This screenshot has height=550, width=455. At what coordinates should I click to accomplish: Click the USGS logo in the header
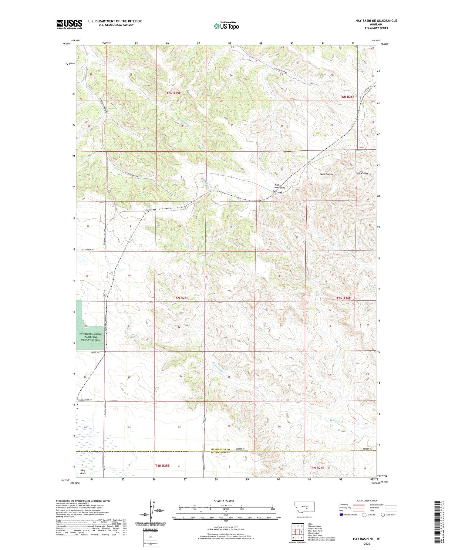pyautogui.click(x=69, y=24)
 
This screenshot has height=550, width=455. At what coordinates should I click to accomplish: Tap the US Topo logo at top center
pyautogui.click(x=226, y=26)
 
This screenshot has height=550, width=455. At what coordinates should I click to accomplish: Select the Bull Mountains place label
pyautogui.click(x=280, y=186)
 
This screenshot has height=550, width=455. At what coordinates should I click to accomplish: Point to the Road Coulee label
pyautogui.click(x=326, y=174)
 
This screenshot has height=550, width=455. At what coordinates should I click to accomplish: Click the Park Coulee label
pyautogui.click(x=362, y=173)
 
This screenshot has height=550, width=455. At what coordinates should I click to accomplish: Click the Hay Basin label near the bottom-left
pyautogui.click(x=83, y=471)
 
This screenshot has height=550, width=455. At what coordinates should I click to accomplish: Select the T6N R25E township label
pyautogui.click(x=174, y=93)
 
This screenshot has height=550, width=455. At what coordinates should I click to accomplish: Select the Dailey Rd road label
pyautogui.click(x=95, y=353)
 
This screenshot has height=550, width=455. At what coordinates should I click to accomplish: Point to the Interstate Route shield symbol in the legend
pyautogui.click(x=341, y=515)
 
